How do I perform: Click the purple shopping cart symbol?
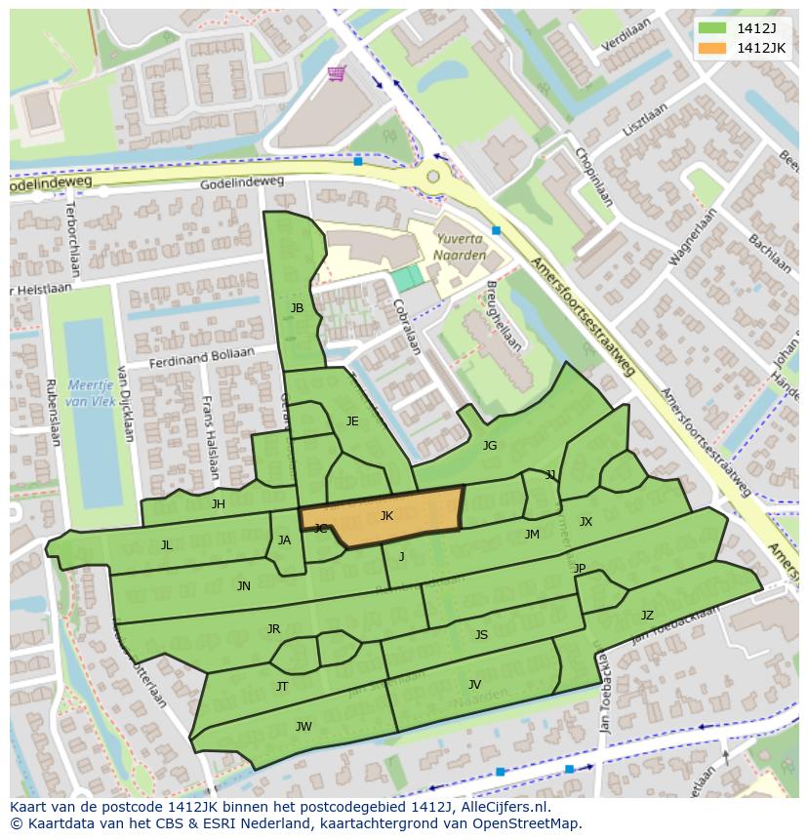[337, 74]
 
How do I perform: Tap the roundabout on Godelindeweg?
[432, 177]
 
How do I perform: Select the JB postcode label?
[297, 308]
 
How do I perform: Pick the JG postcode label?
[490, 446]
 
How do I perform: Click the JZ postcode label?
[647, 615]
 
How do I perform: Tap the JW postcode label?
[303, 726]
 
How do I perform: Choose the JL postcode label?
[167, 545]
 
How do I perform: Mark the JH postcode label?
[219, 504]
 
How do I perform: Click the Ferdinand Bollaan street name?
[201, 358]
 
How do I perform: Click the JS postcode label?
[481, 635]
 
